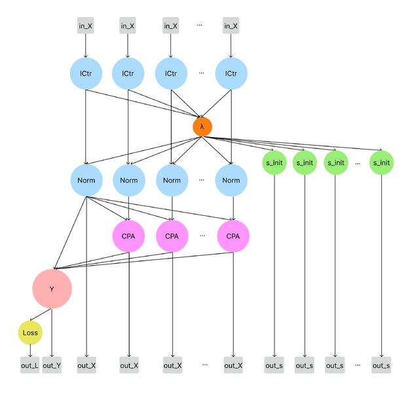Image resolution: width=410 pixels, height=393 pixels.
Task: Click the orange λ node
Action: coord(202,127)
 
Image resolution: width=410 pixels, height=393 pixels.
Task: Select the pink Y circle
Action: coord(52,289)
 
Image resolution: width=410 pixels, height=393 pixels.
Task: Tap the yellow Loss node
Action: coord(30,333)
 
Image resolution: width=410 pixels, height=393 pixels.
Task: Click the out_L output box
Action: coord(30,365)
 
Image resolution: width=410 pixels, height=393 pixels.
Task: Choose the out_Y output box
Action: coord(52,365)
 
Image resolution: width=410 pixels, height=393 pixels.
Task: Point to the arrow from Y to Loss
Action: coord(41,315)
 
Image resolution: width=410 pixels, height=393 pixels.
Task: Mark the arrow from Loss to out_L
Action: coord(30,351)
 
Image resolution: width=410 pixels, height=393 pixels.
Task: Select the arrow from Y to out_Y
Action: coord(52,333)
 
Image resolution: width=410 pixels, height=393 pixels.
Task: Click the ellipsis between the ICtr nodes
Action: coord(201,73)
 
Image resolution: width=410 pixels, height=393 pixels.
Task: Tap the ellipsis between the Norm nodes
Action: coord(201,180)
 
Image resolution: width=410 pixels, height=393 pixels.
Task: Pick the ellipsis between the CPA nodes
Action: coord(202,236)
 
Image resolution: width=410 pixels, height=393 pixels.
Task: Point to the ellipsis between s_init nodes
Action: coord(358,163)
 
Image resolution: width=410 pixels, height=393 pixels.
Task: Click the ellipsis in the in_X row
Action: coord(200,25)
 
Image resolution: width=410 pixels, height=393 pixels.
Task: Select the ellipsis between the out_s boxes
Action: coord(358,365)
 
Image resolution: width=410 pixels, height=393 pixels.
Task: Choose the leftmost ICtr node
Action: coord(86,73)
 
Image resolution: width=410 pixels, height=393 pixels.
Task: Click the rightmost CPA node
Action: coord(233,236)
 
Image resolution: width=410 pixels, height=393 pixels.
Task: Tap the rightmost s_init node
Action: coord(381,163)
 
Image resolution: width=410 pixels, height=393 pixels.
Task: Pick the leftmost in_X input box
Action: coord(86,26)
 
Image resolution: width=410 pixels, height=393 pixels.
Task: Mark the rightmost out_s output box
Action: coord(381,365)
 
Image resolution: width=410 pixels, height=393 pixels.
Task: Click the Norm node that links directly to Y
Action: coord(86,180)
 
